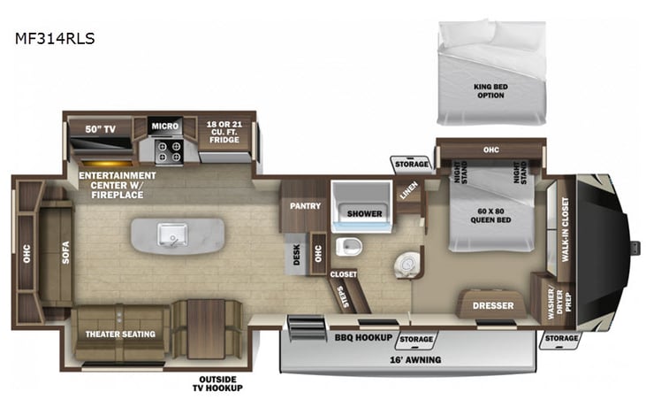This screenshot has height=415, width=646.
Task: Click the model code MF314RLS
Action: tap(56, 38)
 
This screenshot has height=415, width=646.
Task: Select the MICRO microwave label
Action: tap(164, 126)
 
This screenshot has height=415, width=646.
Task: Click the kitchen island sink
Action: tap(171, 234)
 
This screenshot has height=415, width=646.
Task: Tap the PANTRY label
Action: tap(303, 205)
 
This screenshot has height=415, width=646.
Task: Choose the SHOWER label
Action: tap(364, 213)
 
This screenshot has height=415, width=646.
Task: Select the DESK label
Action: tap(298, 255)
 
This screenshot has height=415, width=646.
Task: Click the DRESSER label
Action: tap(493, 306)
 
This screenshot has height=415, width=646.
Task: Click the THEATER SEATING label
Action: tap(120, 334)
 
